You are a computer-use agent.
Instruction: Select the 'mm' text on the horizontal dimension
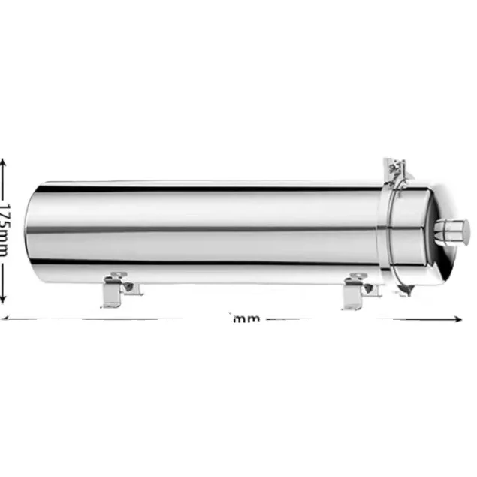click(x=246, y=319)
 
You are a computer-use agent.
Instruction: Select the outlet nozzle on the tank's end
click(x=454, y=231)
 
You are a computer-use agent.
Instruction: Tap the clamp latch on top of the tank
click(x=395, y=171)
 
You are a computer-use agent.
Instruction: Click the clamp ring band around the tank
click(x=391, y=233)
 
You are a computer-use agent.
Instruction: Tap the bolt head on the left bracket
click(x=128, y=286)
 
